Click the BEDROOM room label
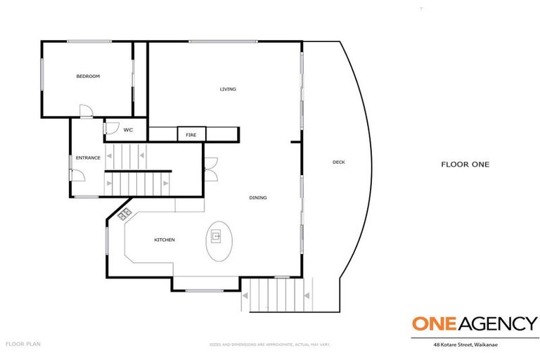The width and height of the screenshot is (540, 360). pyautogui.click(x=88, y=76)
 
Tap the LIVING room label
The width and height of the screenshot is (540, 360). pyautogui.click(x=228, y=89)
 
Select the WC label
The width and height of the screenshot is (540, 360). pyautogui.click(x=128, y=130)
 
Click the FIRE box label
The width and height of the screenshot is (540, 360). pyautogui.click(x=191, y=134)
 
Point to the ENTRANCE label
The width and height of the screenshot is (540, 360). pyautogui.click(x=88, y=157)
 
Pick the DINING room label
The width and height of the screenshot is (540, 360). pyautogui.click(x=258, y=198)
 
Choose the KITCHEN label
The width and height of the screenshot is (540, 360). pyautogui.click(x=165, y=240)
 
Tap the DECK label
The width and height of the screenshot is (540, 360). pyautogui.click(x=339, y=162)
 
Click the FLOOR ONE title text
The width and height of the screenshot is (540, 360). pyautogui.click(x=465, y=165)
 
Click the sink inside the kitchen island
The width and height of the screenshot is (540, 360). pyautogui.click(x=217, y=236)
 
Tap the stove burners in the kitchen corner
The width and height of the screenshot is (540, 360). pyautogui.click(x=125, y=213)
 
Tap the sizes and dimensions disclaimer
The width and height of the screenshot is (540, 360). pyautogui.click(x=269, y=345)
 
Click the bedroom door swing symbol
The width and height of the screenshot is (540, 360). pyautogui.click(x=84, y=111)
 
